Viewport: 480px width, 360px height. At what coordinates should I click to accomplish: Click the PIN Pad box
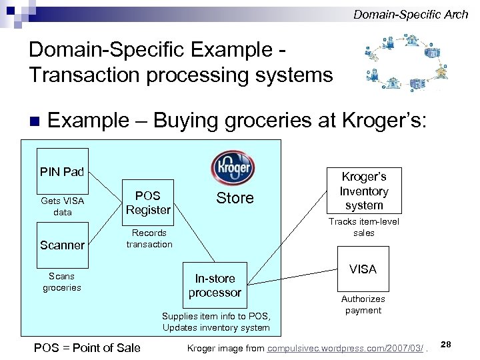62,171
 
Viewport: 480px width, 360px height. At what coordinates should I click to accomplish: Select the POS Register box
148,202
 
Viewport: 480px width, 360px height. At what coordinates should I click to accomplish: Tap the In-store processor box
215,285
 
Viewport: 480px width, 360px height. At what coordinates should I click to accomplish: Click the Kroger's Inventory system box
364,191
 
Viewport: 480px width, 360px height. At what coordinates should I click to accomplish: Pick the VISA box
363,269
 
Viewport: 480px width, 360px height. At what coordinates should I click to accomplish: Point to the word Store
235,198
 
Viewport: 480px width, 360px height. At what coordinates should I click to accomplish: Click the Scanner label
62,245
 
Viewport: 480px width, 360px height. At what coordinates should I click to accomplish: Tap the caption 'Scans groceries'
62,282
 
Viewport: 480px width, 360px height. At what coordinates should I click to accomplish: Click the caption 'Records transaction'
149,239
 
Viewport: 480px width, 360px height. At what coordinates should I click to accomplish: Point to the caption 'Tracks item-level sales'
363,227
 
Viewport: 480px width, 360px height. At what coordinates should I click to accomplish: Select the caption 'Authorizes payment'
363,305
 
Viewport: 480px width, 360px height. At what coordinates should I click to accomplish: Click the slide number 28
447,343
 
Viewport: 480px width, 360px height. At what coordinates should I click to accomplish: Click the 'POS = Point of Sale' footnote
87,347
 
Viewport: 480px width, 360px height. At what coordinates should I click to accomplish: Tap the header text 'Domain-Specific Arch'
411,14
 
